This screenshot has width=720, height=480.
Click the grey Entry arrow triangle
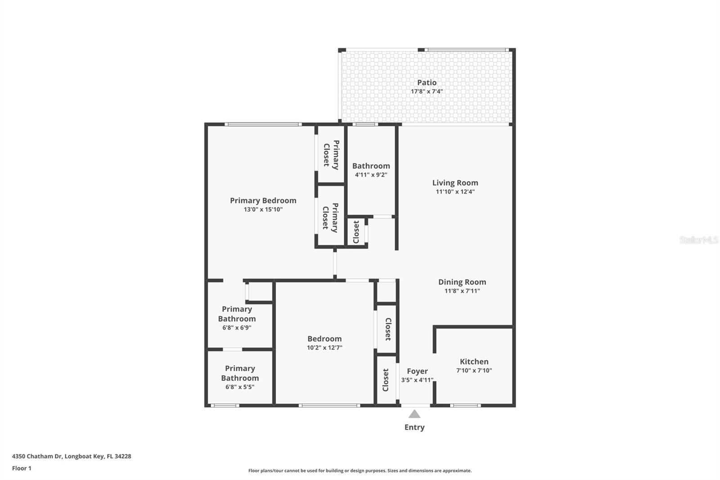tap(414, 414)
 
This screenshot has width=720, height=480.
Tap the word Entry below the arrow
tap(414, 427)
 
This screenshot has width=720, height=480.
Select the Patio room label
tap(427, 82)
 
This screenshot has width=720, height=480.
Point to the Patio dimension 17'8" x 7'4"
tap(427, 91)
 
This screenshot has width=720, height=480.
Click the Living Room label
tap(455, 183)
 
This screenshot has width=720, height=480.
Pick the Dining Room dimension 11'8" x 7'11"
tap(462, 291)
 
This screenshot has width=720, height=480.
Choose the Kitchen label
tap(474, 361)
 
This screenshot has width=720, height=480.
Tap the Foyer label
tap(417, 371)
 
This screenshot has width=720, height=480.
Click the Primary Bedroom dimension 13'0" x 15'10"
tap(263, 209)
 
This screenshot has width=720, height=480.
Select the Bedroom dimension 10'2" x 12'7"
tap(324, 348)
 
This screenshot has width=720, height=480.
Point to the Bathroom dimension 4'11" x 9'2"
tap(371, 175)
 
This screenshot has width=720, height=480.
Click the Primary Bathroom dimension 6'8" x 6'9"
tap(237, 327)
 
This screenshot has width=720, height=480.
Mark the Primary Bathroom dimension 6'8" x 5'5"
tap(240, 387)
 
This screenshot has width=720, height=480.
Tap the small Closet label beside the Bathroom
tap(356, 232)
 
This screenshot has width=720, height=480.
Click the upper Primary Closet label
tap(331, 155)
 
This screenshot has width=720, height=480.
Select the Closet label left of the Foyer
tap(386, 380)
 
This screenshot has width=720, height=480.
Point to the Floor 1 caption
tap(22, 468)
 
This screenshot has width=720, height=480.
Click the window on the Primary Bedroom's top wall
tap(263, 124)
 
